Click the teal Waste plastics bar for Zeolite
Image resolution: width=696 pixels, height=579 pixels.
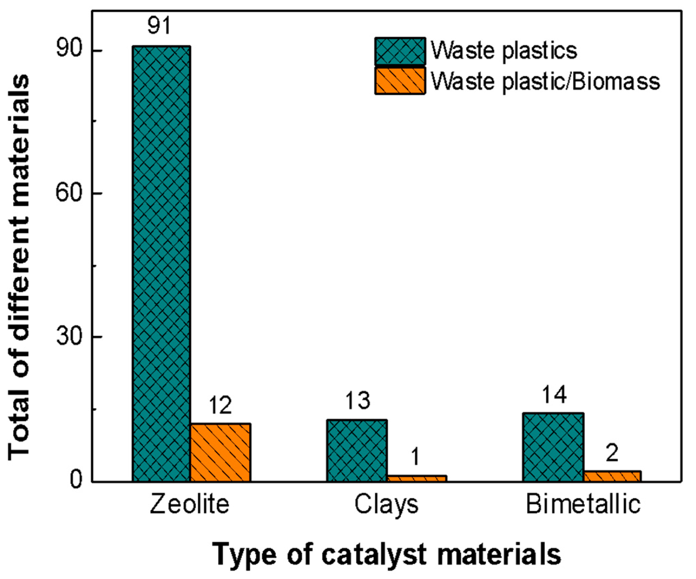click(161, 263)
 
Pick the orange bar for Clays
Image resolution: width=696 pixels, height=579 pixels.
click(416, 478)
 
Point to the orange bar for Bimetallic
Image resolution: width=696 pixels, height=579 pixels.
click(612, 476)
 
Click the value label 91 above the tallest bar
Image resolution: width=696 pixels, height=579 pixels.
click(159, 25)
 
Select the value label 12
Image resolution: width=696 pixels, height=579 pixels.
click(220, 405)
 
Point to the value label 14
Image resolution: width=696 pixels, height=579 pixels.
click(554, 395)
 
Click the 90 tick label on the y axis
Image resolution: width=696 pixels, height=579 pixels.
click(69, 50)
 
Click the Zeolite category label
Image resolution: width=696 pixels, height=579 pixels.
click(190, 504)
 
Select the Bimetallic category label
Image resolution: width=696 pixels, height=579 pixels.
click(583, 504)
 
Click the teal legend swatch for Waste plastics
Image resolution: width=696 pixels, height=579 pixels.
click(400, 51)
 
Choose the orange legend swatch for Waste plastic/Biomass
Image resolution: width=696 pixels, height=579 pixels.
click(400, 81)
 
